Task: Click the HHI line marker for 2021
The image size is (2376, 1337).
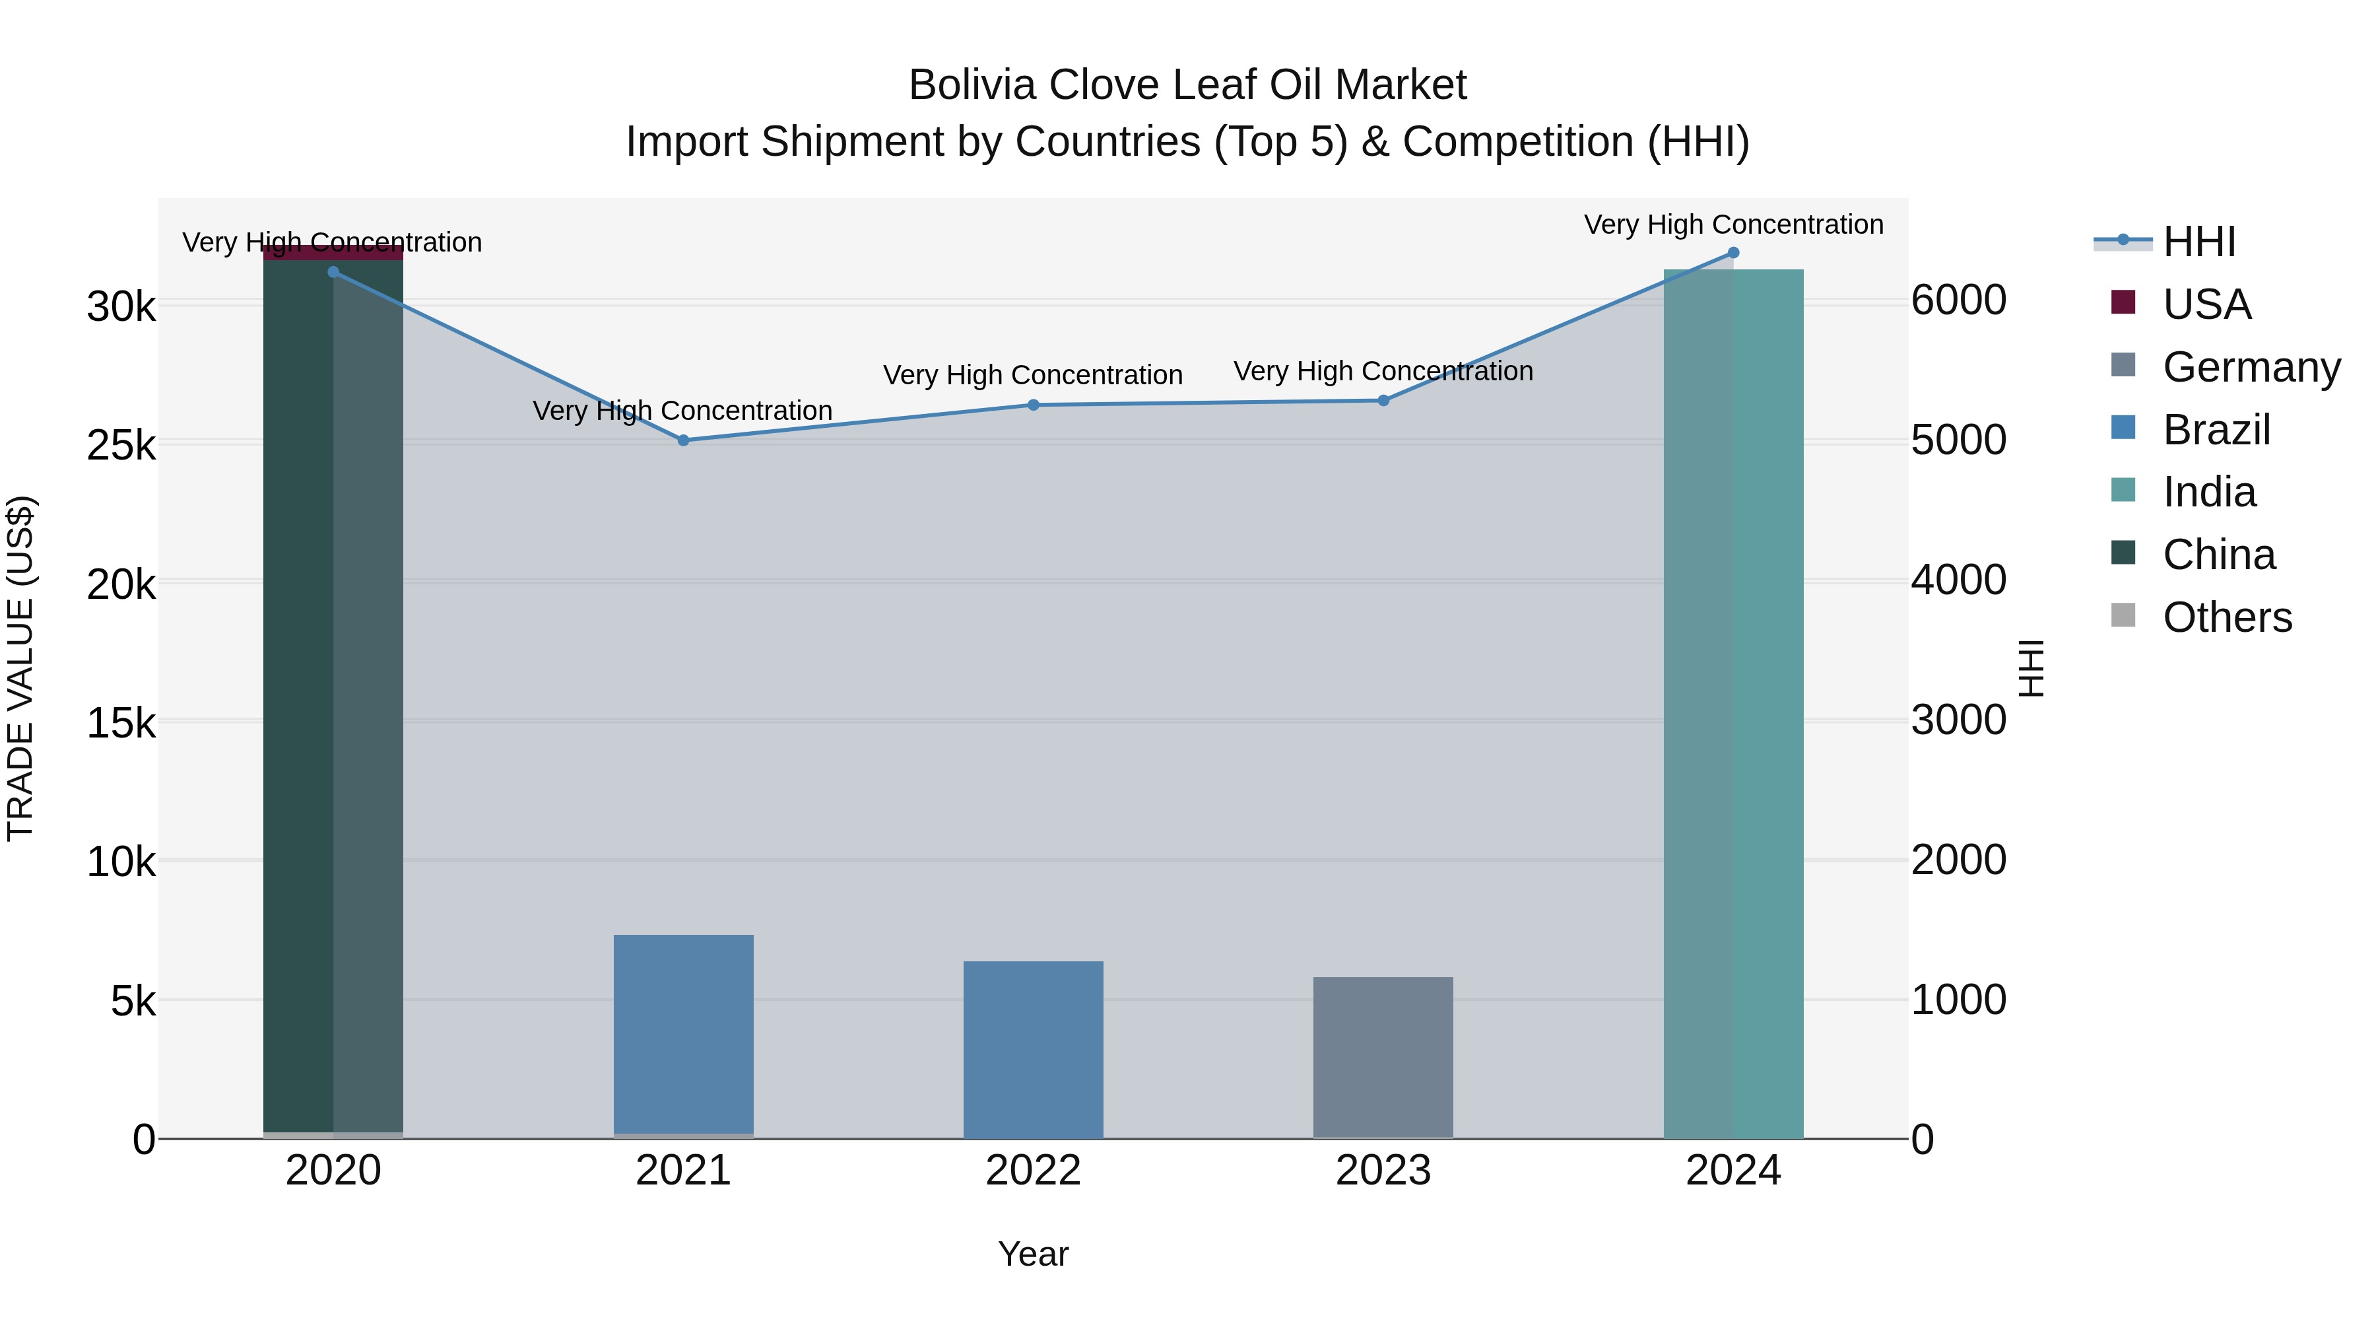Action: tap(684, 440)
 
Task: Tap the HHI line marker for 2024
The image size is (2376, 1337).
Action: tap(1733, 253)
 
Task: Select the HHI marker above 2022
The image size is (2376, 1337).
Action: tap(1033, 405)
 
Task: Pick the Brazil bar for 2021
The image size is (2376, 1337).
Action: tap(684, 1033)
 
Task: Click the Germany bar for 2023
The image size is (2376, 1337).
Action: tap(1383, 1056)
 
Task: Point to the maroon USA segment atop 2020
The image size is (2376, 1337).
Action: tap(333, 254)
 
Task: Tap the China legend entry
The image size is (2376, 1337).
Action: tap(2218, 555)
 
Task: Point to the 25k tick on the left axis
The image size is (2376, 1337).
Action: tap(121, 446)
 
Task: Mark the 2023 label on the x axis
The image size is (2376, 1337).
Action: tap(1383, 1171)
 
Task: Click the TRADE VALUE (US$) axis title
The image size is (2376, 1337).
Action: tap(20, 668)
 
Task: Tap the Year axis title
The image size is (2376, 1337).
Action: tap(1033, 1254)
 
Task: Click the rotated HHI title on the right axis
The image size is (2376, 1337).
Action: tap(2030, 668)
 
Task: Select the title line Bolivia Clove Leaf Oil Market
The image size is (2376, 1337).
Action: tap(1187, 85)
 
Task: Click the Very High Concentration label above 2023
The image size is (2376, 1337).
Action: tap(1383, 371)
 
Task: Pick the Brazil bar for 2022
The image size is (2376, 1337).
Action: tap(1033, 1049)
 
